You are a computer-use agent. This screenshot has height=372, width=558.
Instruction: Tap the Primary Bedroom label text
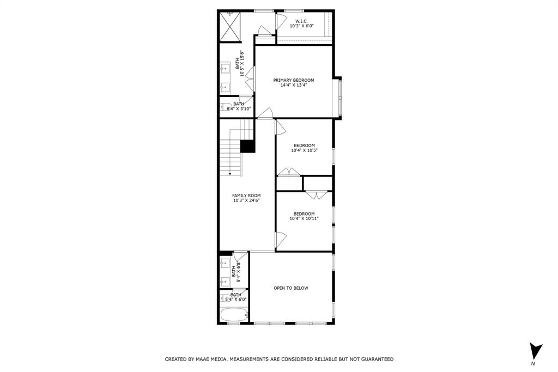[x=294, y=80]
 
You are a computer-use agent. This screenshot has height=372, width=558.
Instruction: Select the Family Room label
[x=246, y=196]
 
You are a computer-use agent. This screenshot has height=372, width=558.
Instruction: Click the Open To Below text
[x=291, y=288]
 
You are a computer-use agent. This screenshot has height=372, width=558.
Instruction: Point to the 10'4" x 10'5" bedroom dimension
[x=304, y=150]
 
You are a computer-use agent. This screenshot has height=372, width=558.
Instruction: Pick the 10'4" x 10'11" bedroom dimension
[x=304, y=218]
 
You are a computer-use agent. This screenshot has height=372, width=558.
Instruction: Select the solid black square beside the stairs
[x=248, y=147]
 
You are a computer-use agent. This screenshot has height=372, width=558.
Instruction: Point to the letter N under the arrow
[x=533, y=363]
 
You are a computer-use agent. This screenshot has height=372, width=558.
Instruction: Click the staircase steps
[x=230, y=155]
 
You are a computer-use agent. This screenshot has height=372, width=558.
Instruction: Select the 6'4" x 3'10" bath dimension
[x=239, y=108]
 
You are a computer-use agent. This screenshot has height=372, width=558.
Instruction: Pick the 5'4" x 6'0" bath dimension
[x=236, y=299]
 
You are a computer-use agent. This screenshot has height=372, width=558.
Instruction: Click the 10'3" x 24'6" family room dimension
[x=246, y=200]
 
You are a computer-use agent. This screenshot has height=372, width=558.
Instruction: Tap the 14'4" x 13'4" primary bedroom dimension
[x=294, y=85]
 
